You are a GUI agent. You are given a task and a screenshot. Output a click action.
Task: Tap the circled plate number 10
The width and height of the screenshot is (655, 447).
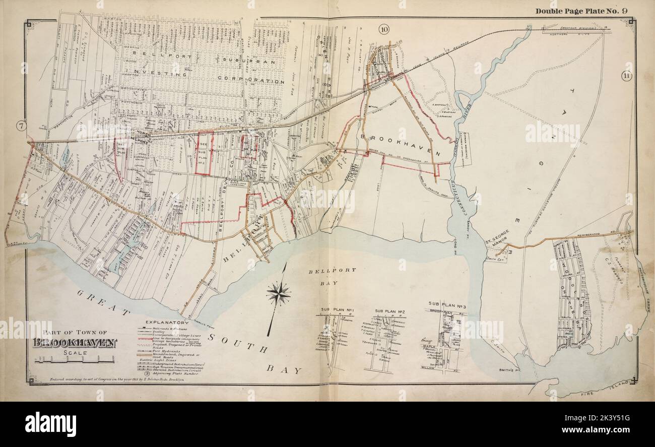pos(384,30)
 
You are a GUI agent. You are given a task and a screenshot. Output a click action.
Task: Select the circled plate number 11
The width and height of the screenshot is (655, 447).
pos(626,76)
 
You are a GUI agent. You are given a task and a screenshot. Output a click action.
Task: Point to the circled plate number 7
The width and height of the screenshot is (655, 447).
pos(21,126)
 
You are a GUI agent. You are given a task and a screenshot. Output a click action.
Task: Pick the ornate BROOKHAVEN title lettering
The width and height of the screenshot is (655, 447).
pos(75,343)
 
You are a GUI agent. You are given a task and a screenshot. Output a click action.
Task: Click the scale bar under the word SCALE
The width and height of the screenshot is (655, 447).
pos(75,360)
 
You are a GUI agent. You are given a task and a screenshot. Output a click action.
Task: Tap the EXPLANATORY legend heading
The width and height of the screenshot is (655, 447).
pos(166,322)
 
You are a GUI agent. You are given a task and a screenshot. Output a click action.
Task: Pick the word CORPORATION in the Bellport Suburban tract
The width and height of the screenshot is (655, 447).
pos(252,80)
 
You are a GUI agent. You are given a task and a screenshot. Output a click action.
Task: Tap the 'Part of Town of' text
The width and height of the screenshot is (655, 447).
pos(75,332)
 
